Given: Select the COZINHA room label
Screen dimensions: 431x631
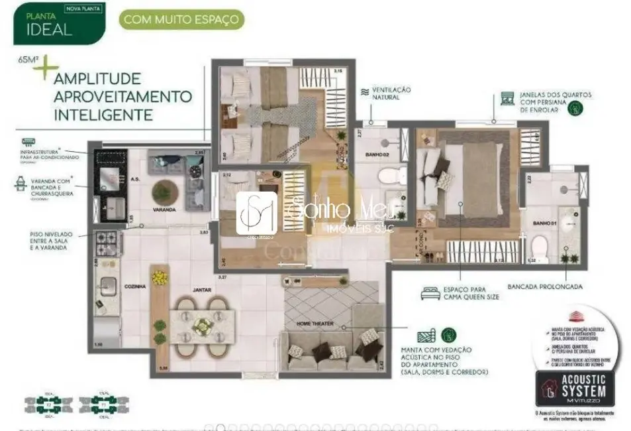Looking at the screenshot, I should click(x=135, y=287).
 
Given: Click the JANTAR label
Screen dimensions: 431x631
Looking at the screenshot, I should click(x=201, y=290).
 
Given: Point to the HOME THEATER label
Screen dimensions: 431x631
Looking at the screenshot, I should click(x=316, y=324).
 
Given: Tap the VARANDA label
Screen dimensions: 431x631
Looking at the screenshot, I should click(x=164, y=210).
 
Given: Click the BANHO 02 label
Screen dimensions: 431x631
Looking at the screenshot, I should click(x=378, y=155).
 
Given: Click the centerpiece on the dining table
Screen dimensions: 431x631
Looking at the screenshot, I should click(x=204, y=325).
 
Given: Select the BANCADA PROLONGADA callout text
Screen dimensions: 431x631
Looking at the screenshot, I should click(x=545, y=287).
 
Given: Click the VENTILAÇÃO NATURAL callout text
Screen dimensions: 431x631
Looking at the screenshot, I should click(x=391, y=93).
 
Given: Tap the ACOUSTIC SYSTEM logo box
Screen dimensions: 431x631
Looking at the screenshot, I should click(x=575, y=389).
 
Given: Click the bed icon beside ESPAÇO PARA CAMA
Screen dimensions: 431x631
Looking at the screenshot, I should click(x=430, y=292).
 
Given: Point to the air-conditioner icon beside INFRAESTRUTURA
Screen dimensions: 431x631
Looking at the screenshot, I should click(x=29, y=142).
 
